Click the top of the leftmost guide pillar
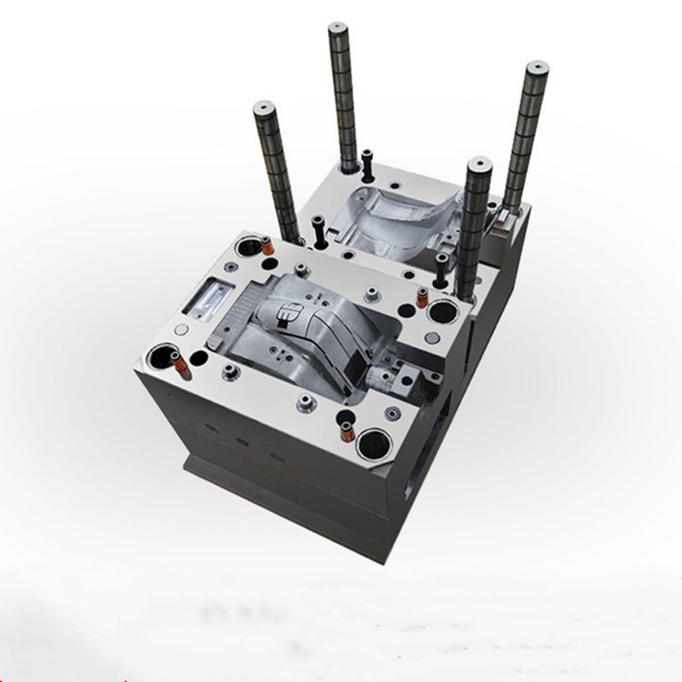265,107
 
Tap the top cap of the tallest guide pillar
338,28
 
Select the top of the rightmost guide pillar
537,67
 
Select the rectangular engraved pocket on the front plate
210,297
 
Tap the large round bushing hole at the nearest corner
375,445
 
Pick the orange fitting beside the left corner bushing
181,366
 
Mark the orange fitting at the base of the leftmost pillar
266,246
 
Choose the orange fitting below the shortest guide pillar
422,297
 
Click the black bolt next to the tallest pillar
366,164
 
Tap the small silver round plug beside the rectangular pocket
182,329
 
